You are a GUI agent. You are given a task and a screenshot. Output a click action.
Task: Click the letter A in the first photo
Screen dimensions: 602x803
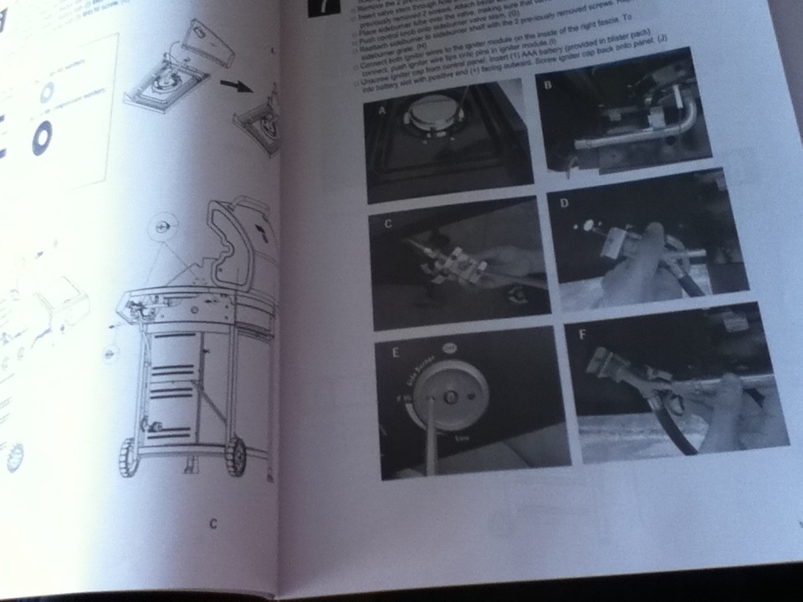coord(381,110)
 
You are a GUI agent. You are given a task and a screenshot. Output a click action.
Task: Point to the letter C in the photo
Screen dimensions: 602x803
coord(386,224)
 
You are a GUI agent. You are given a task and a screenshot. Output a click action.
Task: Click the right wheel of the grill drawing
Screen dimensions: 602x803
coord(237,456)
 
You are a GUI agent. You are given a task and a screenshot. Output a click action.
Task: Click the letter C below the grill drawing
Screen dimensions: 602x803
coord(213,524)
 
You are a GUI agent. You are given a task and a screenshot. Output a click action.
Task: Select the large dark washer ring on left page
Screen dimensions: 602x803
coord(42,139)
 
